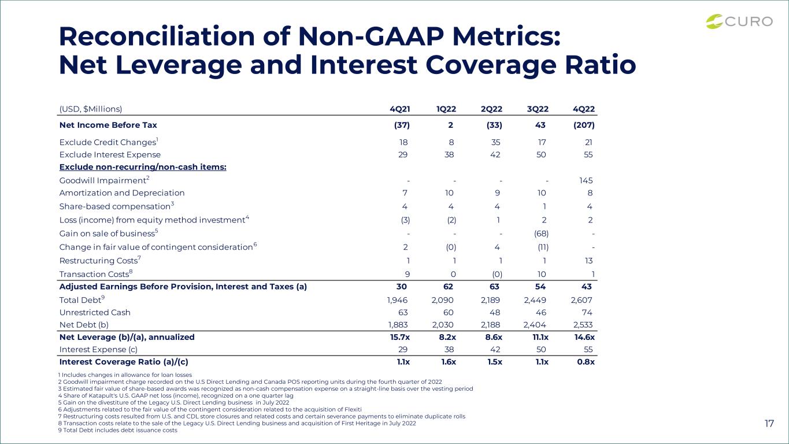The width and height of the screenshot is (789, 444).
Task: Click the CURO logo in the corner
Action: click(739, 21)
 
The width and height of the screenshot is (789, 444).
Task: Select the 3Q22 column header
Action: click(538, 109)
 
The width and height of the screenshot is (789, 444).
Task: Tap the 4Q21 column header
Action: click(400, 109)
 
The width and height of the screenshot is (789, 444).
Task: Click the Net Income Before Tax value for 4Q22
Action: click(584, 125)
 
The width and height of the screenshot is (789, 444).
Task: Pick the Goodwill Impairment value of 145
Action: click(586, 180)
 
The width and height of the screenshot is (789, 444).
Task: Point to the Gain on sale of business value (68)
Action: click(541, 234)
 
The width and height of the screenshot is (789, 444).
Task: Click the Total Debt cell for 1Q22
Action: click(442, 300)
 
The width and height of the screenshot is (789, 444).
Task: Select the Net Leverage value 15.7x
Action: click(400, 337)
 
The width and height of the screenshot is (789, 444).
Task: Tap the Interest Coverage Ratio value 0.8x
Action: click(586, 362)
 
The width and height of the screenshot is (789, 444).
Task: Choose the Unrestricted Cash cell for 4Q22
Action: click(587, 313)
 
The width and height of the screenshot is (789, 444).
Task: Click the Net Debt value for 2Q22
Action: click(490, 325)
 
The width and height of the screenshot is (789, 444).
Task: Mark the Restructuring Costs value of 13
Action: click(588, 261)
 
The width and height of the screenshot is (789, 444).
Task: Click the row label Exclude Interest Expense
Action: click(110, 155)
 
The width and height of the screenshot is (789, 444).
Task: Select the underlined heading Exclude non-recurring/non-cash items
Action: click(143, 167)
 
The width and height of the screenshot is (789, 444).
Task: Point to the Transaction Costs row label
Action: click(96, 274)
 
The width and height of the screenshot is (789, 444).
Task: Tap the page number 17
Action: click(769, 423)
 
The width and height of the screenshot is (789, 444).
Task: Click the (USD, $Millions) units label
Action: click(91, 109)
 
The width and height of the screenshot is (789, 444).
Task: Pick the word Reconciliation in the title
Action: click(157, 36)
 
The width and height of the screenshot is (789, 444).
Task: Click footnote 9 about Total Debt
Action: click(118, 430)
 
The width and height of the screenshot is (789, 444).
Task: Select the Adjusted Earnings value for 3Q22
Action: click(540, 287)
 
